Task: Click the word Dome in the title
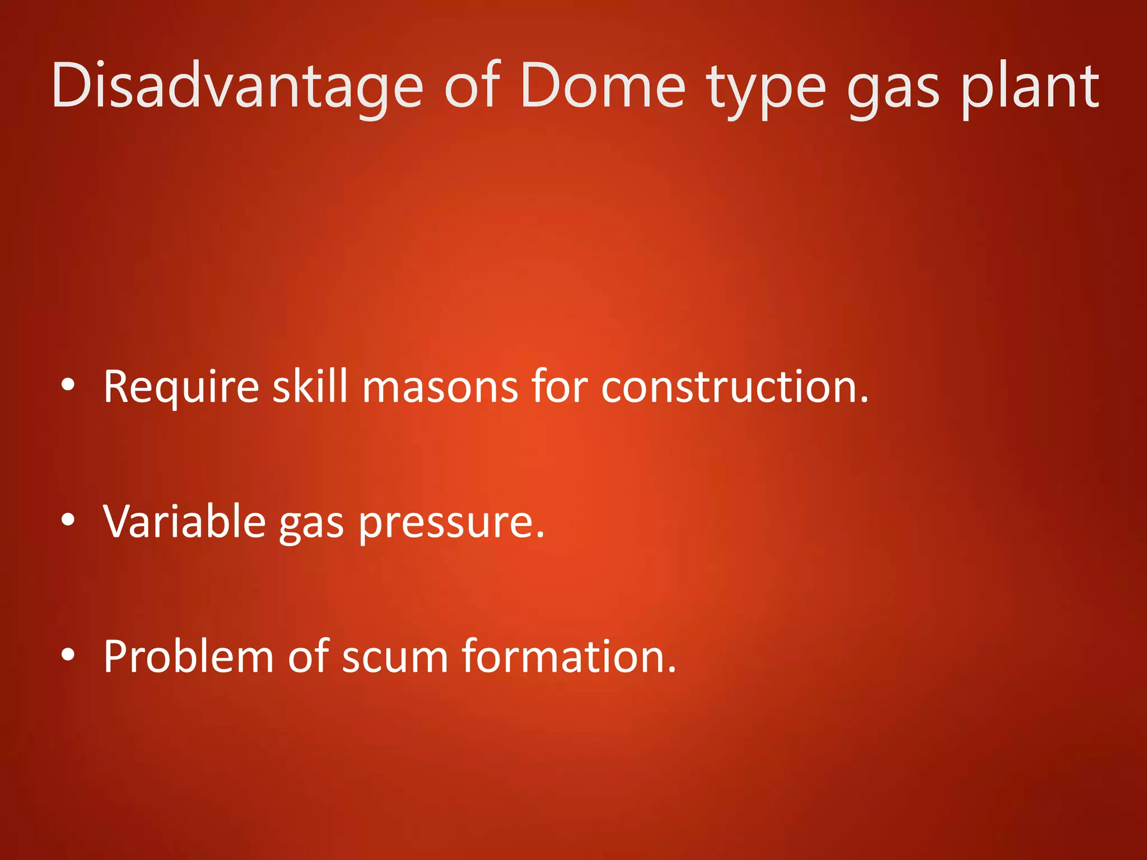coord(602,87)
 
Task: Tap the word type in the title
coord(765,90)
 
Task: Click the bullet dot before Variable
coord(68,520)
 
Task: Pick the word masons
coord(440,388)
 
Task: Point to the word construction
coord(734,387)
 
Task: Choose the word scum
coord(395,657)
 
